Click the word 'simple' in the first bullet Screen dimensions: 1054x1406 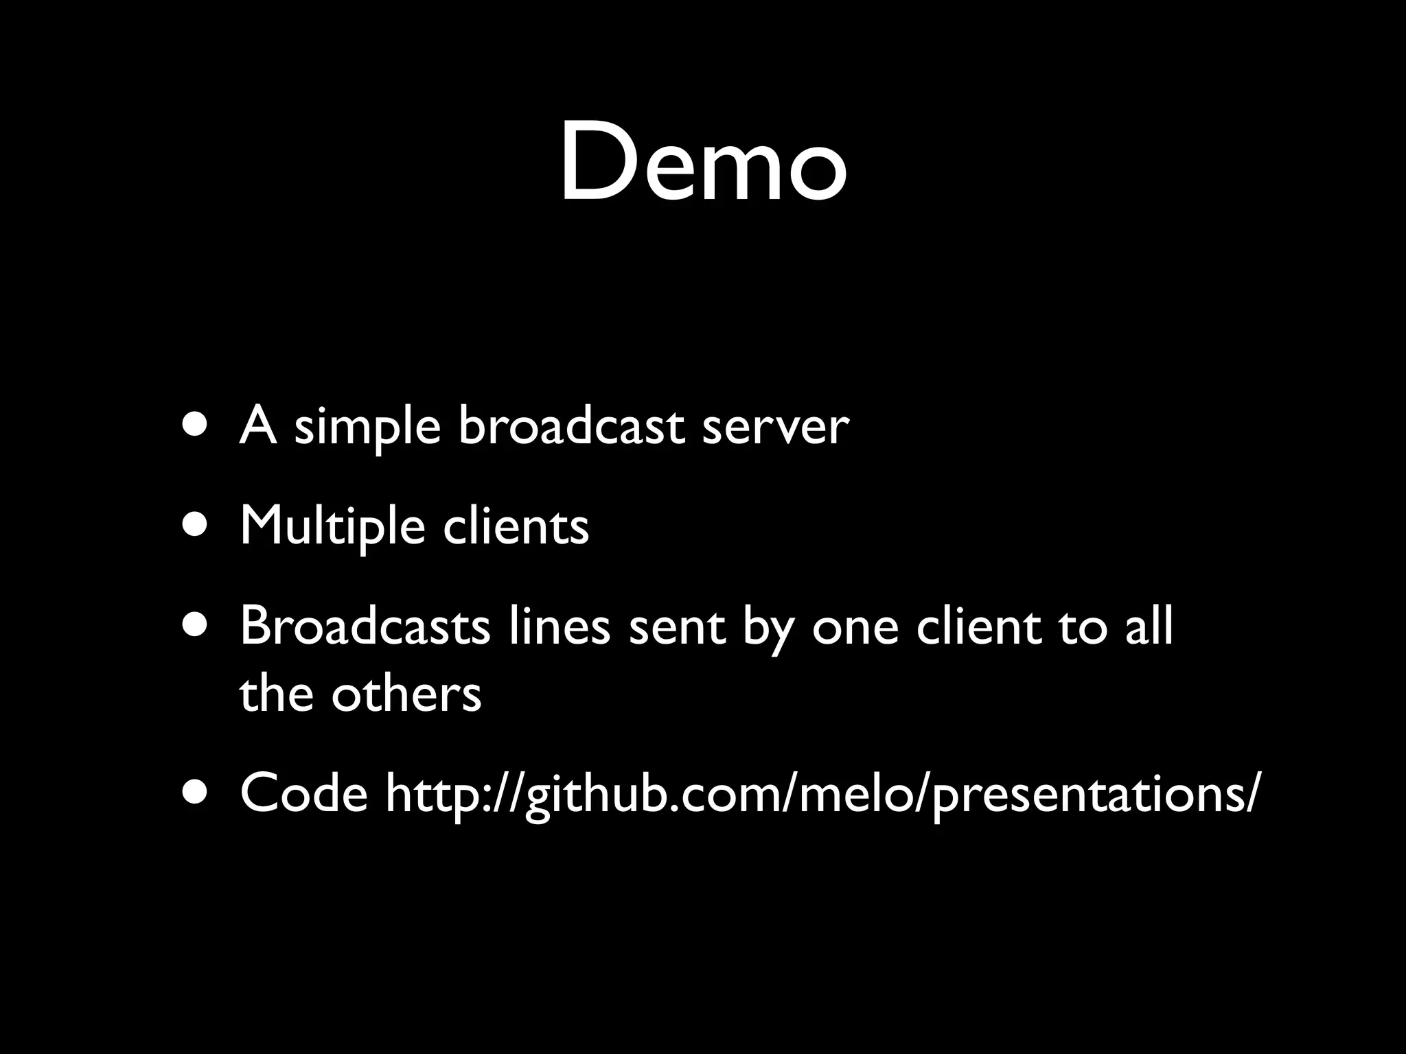(x=367, y=427)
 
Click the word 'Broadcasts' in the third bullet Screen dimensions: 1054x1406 (x=365, y=626)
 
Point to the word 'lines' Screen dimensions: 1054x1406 (x=560, y=626)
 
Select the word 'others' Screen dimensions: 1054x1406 (x=406, y=694)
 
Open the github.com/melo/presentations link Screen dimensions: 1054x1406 (x=822, y=795)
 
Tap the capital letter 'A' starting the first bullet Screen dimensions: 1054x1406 (x=257, y=425)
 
